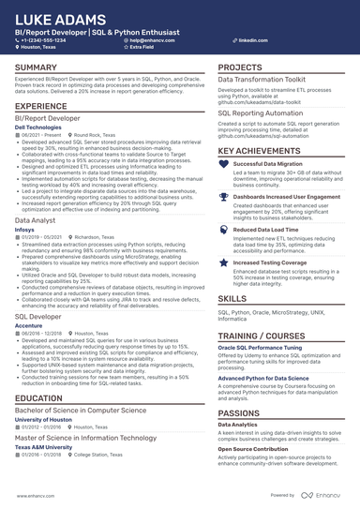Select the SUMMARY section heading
point(37,68)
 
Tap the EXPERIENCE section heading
point(41,107)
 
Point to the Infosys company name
point(24,228)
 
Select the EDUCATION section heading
point(39,398)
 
